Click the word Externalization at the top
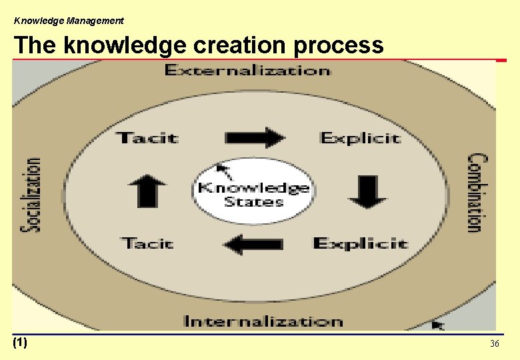(x=247, y=70)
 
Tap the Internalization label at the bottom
(x=263, y=321)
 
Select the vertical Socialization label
(x=31, y=194)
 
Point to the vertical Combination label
(x=475, y=193)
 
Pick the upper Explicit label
(x=361, y=138)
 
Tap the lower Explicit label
(x=361, y=243)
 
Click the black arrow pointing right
(x=255, y=137)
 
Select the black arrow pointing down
(x=367, y=191)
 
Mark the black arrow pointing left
(x=253, y=245)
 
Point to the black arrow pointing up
(x=151, y=191)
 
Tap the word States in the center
(x=253, y=201)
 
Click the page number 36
(x=495, y=343)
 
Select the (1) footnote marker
(x=20, y=343)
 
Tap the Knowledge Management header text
(x=69, y=21)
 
